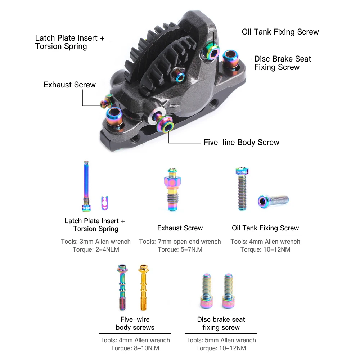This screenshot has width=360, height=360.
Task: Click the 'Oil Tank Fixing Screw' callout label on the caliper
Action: [280, 32]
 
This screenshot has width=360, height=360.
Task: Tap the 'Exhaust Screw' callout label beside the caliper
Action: [69, 85]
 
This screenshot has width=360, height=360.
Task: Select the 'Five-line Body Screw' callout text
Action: [241, 143]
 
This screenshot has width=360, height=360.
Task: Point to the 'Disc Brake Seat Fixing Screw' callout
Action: [283, 63]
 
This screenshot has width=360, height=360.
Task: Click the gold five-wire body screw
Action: [143, 288]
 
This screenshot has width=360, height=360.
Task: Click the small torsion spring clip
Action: [104, 203]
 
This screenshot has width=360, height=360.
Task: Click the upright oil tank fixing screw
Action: [240, 189]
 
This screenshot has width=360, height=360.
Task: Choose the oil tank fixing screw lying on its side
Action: [273, 200]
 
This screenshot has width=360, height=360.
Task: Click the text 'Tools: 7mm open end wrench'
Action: [180, 242]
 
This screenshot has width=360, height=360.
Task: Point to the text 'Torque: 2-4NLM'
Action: [96, 249]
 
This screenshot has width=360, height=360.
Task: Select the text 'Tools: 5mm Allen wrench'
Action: [221, 340]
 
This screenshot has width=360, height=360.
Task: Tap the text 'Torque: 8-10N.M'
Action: [135, 348]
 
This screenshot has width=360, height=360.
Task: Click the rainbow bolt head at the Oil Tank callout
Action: [213, 51]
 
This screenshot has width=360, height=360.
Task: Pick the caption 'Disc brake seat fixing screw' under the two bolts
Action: [221, 323]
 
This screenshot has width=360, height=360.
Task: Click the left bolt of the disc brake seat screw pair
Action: [207, 291]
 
